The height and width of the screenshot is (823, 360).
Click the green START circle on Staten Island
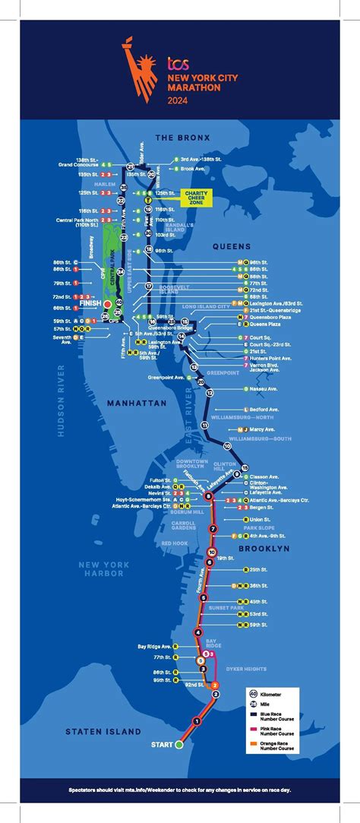click(x=179, y=745)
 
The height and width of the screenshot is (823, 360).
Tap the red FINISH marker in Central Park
click(x=108, y=303)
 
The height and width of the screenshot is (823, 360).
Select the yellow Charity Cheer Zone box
click(x=196, y=197)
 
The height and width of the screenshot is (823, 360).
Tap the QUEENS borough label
click(x=232, y=245)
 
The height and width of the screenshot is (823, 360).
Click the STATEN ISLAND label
click(x=103, y=731)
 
